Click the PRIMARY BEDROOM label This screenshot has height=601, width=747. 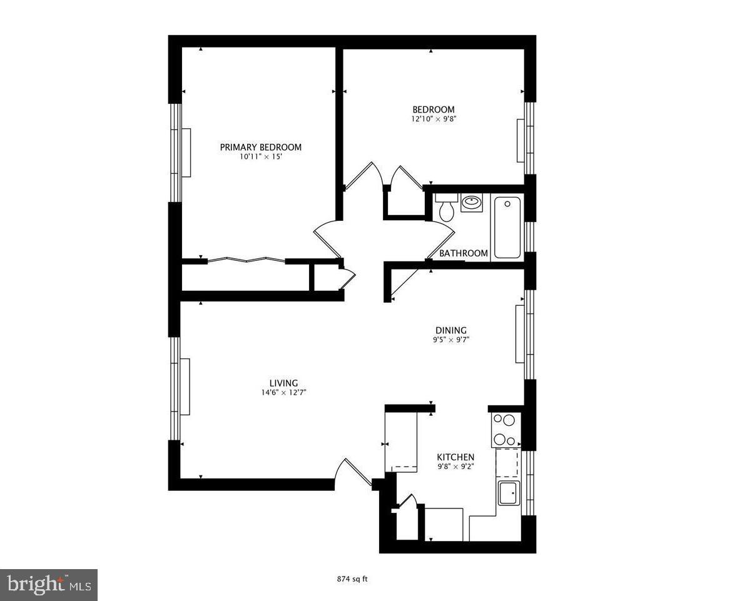[x=260, y=148]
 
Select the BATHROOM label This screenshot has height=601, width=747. [x=463, y=253]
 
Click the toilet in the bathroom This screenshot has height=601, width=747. [x=446, y=208]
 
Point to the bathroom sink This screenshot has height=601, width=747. [x=471, y=203]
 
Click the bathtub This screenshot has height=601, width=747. [x=507, y=227]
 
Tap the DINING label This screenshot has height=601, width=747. [x=451, y=331]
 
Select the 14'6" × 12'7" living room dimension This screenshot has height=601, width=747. [x=283, y=393]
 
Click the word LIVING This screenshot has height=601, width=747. [x=283, y=383]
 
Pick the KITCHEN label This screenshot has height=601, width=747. [x=455, y=457]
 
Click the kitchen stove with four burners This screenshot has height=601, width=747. [x=504, y=430]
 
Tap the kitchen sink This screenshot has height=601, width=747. [x=508, y=493]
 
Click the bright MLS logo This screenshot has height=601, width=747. [x=48, y=585]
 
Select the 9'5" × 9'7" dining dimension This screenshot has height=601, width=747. [x=451, y=340]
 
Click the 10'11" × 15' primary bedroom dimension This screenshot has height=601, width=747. [x=260, y=157]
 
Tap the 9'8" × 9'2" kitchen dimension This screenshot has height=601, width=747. [x=455, y=467]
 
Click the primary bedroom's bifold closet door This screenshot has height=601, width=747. [x=246, y=260]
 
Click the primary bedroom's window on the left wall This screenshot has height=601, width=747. [x=177, y=153]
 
